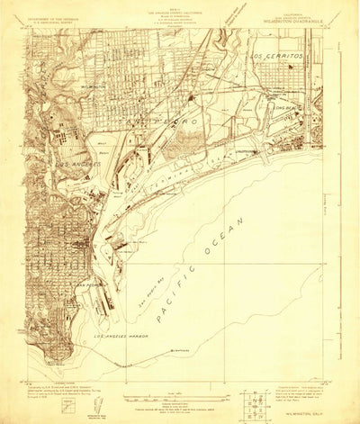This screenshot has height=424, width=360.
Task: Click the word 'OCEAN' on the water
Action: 229,237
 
